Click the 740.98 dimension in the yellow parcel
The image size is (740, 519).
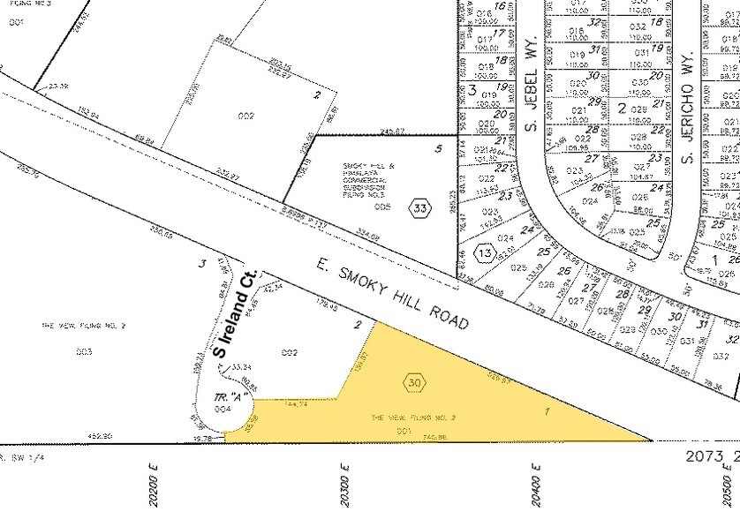(408, 436)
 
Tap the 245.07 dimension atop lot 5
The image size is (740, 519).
(367, 133)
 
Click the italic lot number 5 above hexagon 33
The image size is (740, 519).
(438, 148)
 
